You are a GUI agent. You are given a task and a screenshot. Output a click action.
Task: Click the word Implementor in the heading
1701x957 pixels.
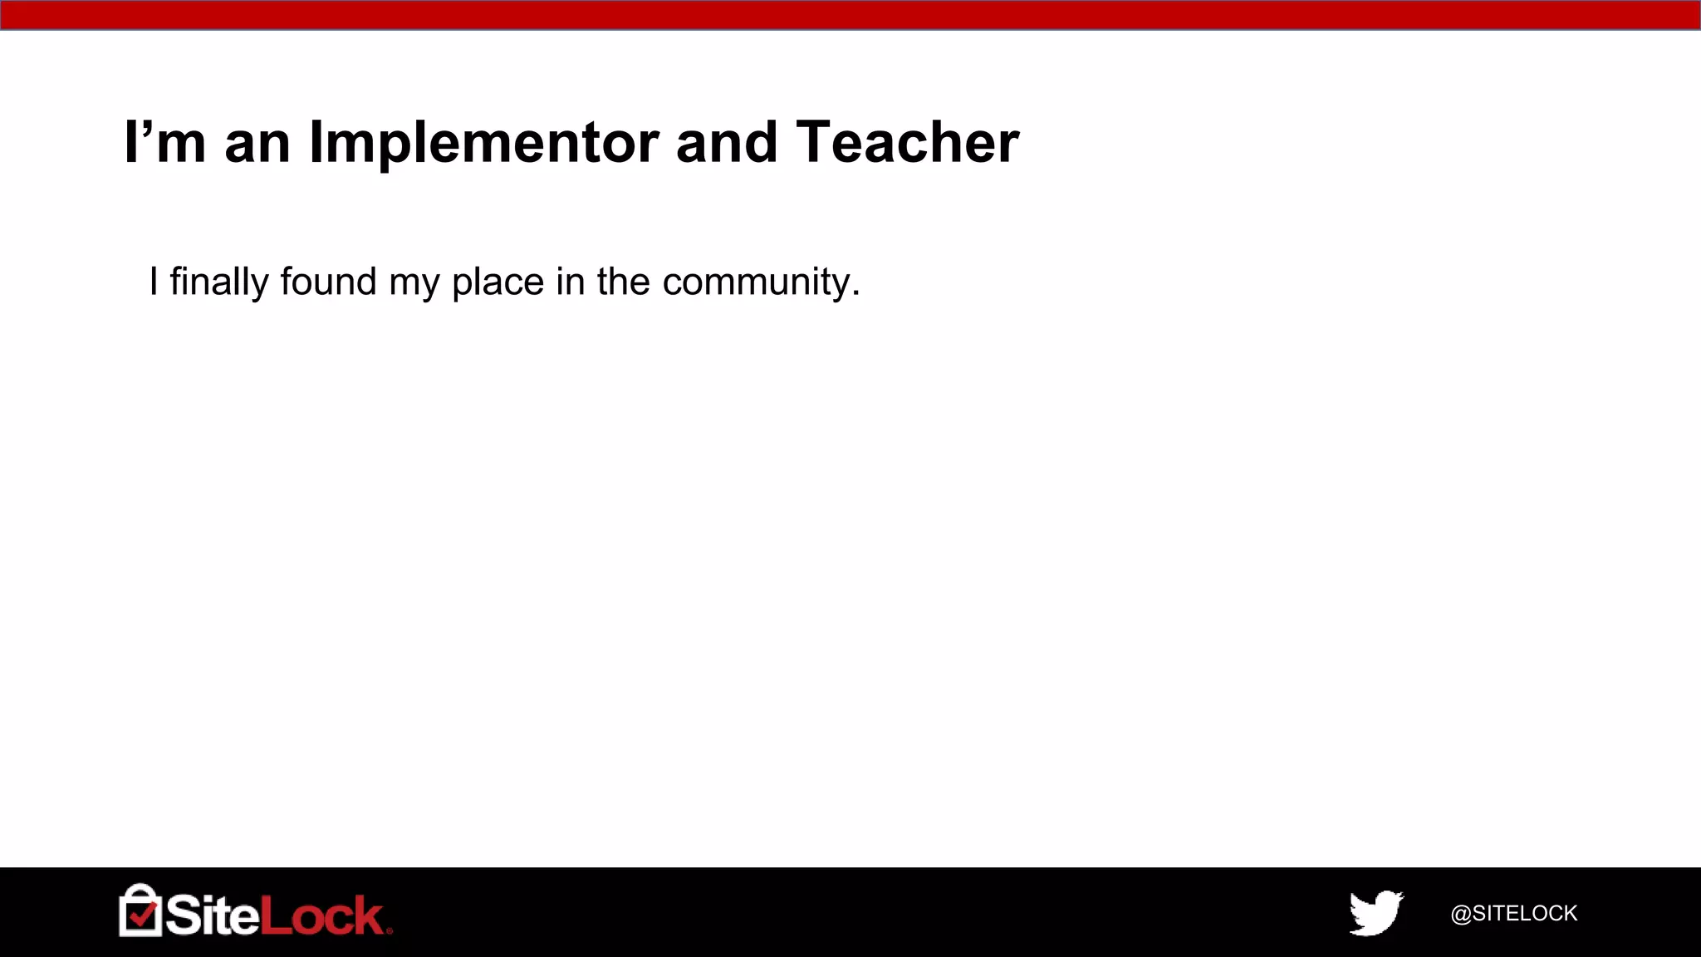click(x=484, y=143)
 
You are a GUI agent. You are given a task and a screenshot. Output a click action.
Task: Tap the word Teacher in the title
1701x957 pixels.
click(x=907, y=143)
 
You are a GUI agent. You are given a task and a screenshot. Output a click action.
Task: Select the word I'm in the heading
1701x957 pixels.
click(x=164, y=143)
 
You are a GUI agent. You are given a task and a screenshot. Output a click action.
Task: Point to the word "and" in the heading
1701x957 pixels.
click(x=727, y=143)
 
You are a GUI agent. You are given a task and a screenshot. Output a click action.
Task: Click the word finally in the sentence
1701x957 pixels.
click(x=219, y=282)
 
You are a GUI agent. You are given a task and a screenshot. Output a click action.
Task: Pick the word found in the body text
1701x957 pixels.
click(x=328, y=282)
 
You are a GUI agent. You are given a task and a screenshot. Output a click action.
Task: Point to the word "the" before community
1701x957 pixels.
click(x=623, y=282)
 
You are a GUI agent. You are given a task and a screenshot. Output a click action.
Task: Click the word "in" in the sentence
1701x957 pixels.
click(x=571, y=282)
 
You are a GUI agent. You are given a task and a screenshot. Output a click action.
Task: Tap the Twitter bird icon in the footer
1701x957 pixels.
click(x=1375, y=912)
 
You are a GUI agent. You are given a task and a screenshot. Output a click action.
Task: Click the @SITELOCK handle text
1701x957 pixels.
click(x=1513, y=913)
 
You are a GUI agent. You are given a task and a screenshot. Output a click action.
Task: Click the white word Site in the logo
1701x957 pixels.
click(x=213, y=915)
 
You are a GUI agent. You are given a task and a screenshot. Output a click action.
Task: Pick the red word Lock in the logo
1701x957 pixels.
click(x=322, y=915)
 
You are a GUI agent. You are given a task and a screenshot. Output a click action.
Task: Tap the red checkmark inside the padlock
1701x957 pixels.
click(x=143, y=915)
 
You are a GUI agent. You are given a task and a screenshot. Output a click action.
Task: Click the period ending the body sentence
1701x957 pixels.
click(x=855, y=294)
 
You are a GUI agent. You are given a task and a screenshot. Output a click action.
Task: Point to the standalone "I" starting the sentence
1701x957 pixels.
click(x=154, y=282)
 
